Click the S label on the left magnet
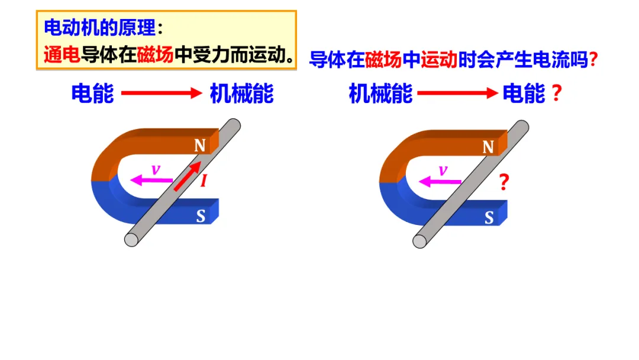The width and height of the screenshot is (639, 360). pyautogui.click(x=201, y=217)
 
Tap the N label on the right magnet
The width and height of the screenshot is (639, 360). pyautogui.click(x=488, y=147)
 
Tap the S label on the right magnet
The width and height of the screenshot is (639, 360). pyautogui.click(x=489, y=218)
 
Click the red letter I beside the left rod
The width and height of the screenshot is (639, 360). pyautogui.click(x=204, y=181)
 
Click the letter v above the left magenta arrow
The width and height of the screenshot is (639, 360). pyautogui.click(x=156, y=169)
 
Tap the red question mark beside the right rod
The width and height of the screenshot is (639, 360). pyautogui.click(x=504, y=182)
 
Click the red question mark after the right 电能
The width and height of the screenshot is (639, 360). pyautogui.click(x=556, y=94)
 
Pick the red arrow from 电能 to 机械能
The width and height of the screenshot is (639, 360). pyautogui.click(x=162, y=94)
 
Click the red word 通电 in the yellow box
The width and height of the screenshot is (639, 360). pyautogui.click(x=62, y=55)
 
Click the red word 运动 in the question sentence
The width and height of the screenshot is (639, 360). pyautogui.click(x=439, y=60)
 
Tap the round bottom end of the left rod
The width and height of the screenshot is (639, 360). pyautogui.click(x=131, y=239)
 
